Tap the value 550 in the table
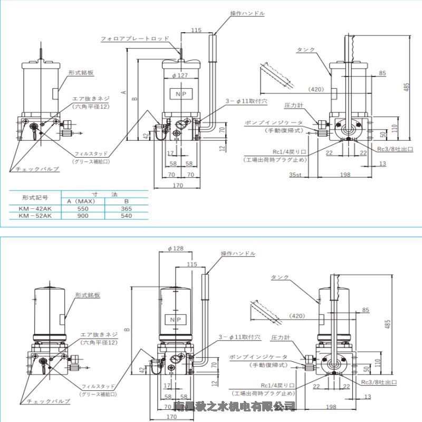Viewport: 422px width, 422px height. click(x=83, y=208)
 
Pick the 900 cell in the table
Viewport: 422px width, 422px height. click(x=83, y=216)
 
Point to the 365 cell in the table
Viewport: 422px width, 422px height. click(x=126, y=208)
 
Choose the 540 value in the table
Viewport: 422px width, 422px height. click(x=126, y=216)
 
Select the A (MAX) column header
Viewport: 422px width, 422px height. click(x=83, y=201)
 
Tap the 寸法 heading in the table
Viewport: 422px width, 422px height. click(x=104, y=194)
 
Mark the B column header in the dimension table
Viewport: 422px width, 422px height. click(x=126, y=201)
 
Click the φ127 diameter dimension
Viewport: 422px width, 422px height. click(x=180, y=75)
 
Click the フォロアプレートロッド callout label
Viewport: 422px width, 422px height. click(x=135, y=39)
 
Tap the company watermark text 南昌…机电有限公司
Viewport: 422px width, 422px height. click(x=234, y=406)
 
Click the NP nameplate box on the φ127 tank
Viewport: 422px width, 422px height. click(x=181, y=94)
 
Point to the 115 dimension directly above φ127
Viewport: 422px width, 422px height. click(x=197, y=31)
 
